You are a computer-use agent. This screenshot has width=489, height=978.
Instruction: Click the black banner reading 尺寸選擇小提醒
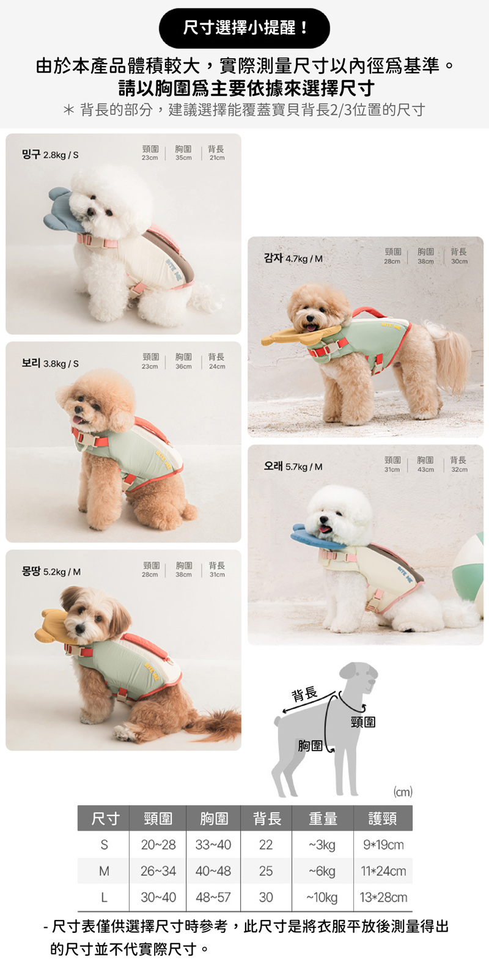coord(244,28)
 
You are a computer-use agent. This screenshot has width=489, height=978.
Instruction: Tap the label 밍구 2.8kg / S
coord(50,155)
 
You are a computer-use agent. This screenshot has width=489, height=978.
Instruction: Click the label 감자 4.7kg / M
coord(293,259)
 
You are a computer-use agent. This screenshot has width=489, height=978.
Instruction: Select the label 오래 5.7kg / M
coord(293,467)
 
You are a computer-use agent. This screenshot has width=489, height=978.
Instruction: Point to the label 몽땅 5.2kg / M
coord(51,572)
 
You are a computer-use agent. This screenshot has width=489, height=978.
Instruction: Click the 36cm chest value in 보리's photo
coord(183,367)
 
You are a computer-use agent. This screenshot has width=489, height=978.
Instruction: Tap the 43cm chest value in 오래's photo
coord(425,470)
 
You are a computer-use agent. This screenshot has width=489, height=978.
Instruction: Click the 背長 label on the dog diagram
coord(304,694)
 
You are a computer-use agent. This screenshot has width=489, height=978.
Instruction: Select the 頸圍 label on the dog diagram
coord(363,722)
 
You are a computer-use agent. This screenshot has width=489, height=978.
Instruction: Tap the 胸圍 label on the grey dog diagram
coord(310,745)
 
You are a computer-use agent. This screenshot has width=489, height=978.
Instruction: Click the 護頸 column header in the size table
coord(383,818)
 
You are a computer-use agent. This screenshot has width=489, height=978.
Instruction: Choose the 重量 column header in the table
coord(323,818)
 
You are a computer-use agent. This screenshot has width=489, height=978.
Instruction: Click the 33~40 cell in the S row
coord(213,845)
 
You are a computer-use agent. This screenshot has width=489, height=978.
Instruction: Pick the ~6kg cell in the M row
coord(322,872)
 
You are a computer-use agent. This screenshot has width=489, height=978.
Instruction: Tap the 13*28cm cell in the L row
coord(383,898)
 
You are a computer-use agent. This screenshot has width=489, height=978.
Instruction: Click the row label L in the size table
coord(104,898)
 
